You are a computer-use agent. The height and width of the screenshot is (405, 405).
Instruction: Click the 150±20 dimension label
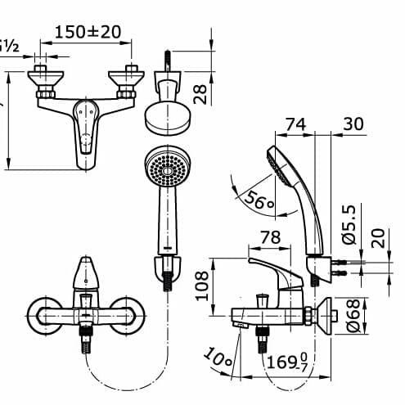[x=88, y=33]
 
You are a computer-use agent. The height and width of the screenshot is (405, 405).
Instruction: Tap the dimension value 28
[x=199, y=88]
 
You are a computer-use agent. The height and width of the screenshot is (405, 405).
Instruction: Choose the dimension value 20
[x=376, y=241]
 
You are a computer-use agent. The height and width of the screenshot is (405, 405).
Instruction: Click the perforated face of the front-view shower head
[x=166, y=170]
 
